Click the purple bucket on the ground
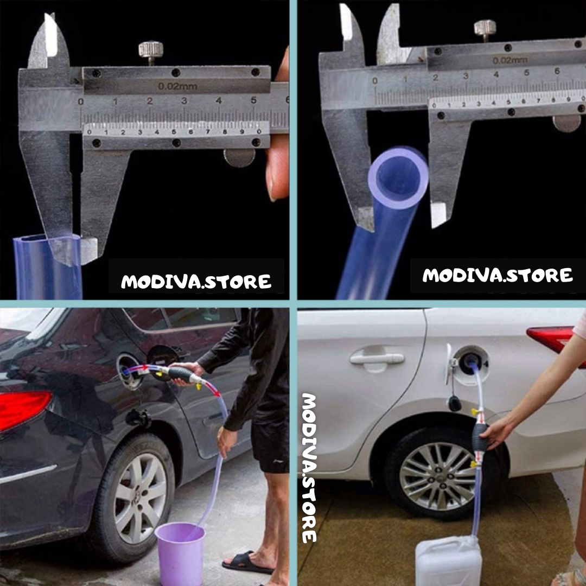coord(181,552)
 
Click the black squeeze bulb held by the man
coord(181,374)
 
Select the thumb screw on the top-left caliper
coord(151,51)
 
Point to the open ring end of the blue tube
coord(398,178)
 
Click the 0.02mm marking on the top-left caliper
coord(177,86)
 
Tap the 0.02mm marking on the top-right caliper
coord(509,60)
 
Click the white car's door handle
coord(377,359)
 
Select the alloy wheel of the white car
coord(438,476)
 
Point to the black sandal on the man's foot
coord(247,562)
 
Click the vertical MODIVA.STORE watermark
coord(309,468)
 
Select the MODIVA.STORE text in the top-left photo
coord(196,282)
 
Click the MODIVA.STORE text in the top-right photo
coord(498,275)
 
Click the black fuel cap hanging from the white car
coord(455,403)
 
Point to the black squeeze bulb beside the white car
coord(480,438)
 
